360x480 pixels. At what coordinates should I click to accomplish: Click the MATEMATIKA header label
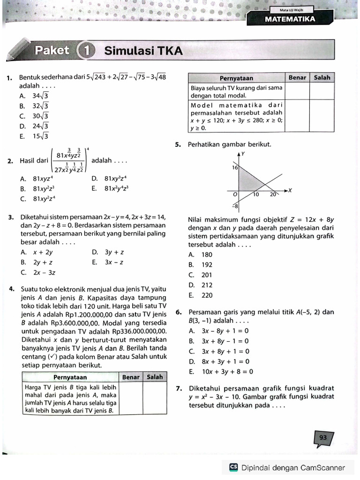tap(290, 19)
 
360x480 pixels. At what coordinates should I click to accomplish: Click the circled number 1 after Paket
tap(85, 51)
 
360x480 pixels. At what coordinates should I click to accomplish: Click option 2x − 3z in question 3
tap(44, 272)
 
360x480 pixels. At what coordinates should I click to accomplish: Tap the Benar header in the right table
tap(297, 77)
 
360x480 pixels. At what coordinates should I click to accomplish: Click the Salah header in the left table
tap(155, 376)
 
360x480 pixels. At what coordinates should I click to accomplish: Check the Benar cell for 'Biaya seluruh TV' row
tap(297, 91)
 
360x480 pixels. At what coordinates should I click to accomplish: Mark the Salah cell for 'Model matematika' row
tap(322, 116)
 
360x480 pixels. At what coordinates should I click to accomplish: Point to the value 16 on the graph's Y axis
tap(235, 167)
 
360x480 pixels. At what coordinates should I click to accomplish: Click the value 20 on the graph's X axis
tap(273, 195)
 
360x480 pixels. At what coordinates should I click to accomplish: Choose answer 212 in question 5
tap(207, 285)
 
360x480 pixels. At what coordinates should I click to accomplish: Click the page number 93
tap(323, 437)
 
